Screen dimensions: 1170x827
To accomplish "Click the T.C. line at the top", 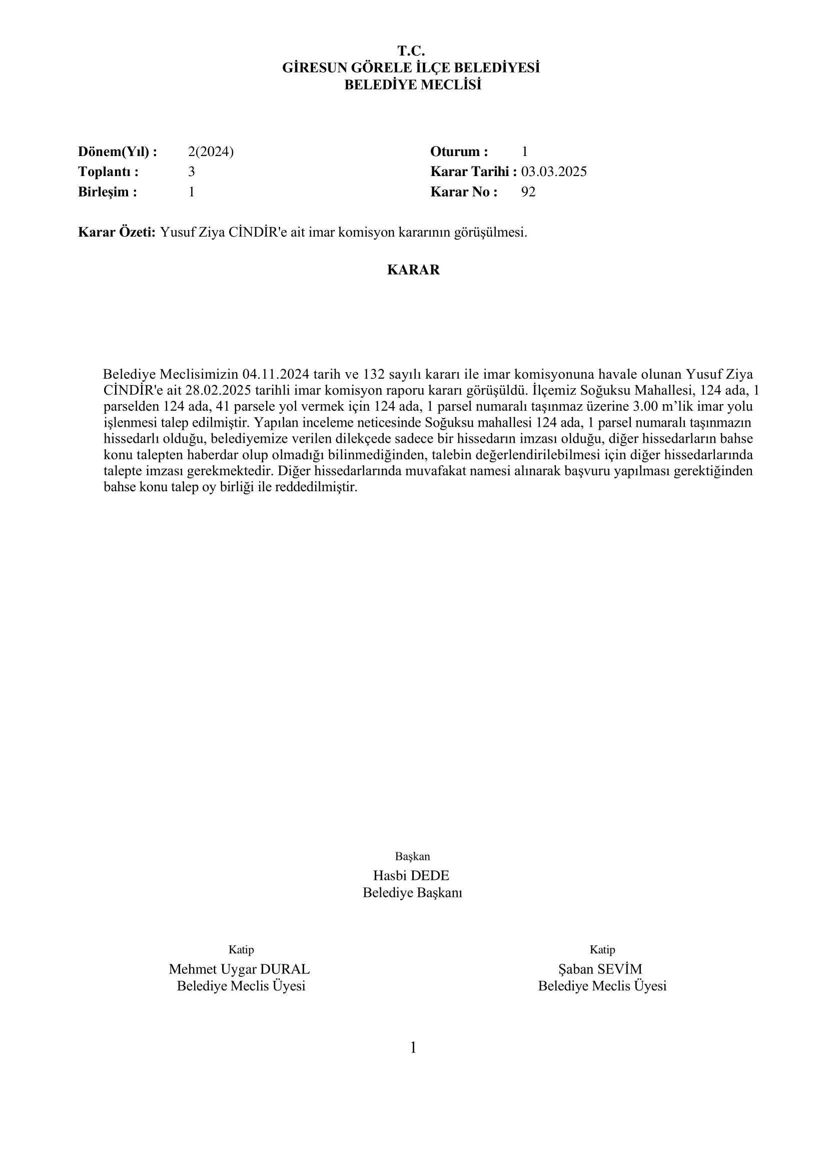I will coord(411,51).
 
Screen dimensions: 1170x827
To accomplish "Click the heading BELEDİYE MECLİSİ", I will coord(413,85).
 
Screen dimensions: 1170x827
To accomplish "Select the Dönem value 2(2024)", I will coord(211,152).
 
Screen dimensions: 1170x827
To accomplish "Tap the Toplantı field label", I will coord(108,172).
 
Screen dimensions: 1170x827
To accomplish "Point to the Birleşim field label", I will coord(108,192).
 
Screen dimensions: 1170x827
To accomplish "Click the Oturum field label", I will coord(459,152).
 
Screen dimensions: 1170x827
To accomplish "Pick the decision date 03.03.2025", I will coord(553,172).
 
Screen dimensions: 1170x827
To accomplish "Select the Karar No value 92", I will coord(528,192).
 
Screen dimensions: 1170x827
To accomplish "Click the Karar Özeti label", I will coord(117,233).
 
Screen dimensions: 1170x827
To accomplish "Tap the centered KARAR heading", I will coord(413,270).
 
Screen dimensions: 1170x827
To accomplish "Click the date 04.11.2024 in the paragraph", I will coord(276,375).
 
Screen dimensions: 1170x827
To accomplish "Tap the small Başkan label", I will coord(412,856).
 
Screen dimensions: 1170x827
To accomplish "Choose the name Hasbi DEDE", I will coord(411,876).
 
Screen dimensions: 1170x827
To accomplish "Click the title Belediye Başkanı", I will coord(412,893).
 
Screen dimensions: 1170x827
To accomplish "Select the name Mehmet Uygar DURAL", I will coord(240,969).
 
